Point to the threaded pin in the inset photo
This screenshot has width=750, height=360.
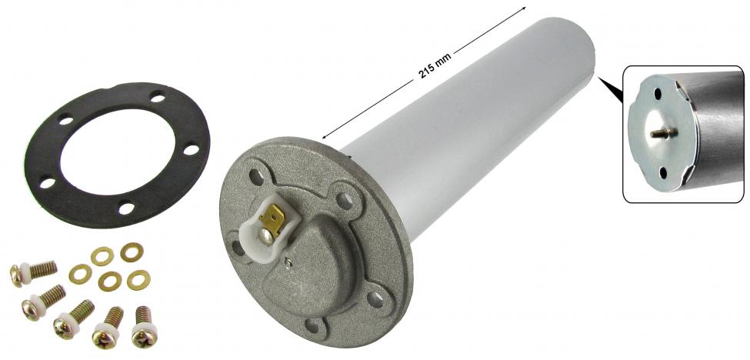663,133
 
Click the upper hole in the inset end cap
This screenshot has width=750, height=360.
658,94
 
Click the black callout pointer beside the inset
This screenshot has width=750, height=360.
611,89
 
